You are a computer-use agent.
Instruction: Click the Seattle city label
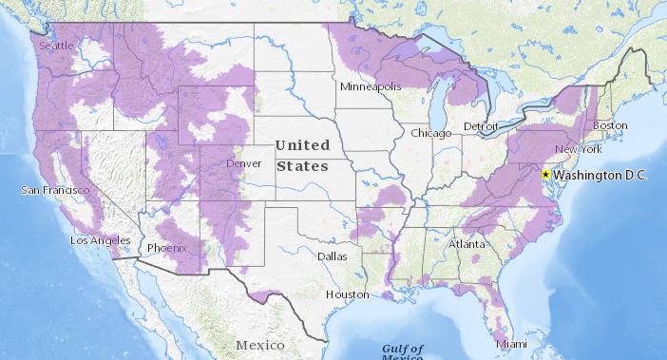(x=55, y=45)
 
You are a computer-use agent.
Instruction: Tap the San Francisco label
(x=55, y=191)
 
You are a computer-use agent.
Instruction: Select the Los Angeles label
(x=100, y=240)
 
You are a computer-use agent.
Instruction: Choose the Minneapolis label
(x=372, y=86)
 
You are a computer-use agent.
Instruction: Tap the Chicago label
(x=430, y=133)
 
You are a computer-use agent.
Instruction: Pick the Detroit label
(x=481, y=126)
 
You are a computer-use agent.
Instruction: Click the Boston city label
(x=610, y=125)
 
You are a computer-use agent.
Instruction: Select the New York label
(x=579, y=150)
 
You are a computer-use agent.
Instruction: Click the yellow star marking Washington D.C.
(x=545, y=175)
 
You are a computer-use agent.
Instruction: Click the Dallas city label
(x=333, y=256)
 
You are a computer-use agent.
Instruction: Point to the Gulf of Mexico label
(x=402, y=351)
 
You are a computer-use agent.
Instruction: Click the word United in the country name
(x=301, y=145)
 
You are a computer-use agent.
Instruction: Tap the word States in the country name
(x=301, y=165)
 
